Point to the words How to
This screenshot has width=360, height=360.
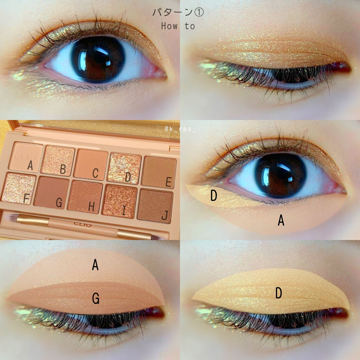(x=178, y=26)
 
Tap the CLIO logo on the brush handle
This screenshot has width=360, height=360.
(x=83, y=224)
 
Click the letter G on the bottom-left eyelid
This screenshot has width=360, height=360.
(x=95, y=299)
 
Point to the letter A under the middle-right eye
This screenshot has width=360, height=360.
(x=281, y=220)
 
